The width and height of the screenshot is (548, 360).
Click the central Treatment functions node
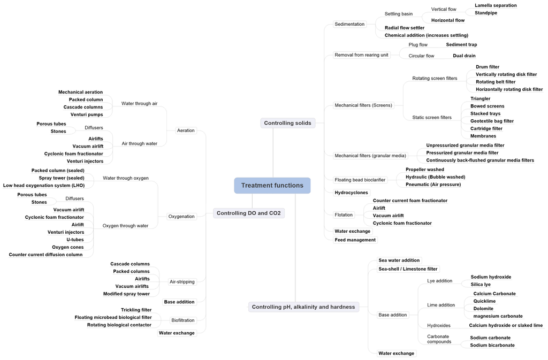[x=272, y=186]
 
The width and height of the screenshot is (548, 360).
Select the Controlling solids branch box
[x=287, y=123]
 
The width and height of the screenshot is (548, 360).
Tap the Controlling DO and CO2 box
[x=248, y=213]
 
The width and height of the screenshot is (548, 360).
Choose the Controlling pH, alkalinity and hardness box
[x=303, y=307]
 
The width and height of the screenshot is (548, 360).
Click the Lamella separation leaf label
[x=496, y=5]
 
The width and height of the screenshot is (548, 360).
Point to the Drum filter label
[x=487, y=67]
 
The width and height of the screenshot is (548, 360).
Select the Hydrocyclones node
[x=351, y=193]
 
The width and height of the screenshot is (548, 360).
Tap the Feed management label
[x=355, y=240]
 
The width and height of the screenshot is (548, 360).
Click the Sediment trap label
[x=461, y=44]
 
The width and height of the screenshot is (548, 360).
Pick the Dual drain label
[x=464, y=56]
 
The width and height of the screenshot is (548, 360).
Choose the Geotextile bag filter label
[x=492, y=121]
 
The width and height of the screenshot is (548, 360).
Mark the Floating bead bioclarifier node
[x=360, y=180]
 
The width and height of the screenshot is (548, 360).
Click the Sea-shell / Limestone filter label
[x=408, y=269]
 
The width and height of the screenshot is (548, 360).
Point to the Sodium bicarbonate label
[x=492, y=345]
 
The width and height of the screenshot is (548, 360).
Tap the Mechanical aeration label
[x=80, y=92]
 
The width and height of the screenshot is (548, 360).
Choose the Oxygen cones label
[x=67, y=247]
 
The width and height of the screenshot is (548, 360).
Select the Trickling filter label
[x=136, y=310]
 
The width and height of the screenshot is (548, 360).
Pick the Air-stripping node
[x=182, y=282]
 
